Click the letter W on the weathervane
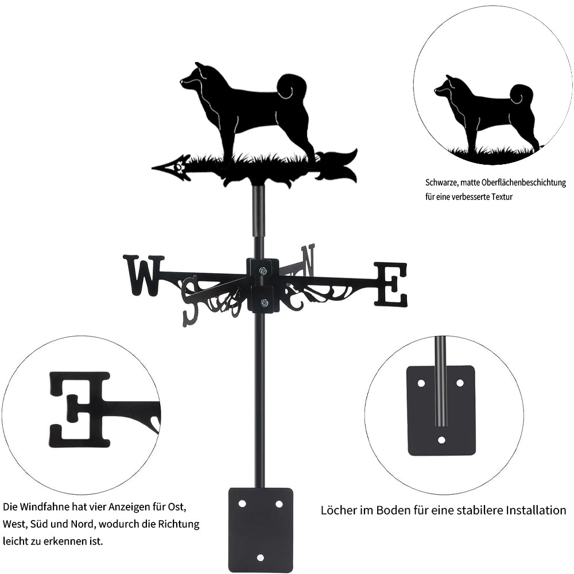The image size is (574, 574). coord(143,276)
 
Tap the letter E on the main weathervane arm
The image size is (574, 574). coord(390,284)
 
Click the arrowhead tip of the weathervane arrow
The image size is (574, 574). coord(152,168)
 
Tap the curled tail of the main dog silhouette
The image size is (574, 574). coord(291,87)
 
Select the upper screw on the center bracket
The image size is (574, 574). coord(262,271)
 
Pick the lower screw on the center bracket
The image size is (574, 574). coord(263,302)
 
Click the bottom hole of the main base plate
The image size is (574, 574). coord(260,557)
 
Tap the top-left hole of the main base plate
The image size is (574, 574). coord(242,504)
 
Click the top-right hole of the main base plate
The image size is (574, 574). coord(279,504)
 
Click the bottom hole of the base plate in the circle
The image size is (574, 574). coord(442,440)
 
